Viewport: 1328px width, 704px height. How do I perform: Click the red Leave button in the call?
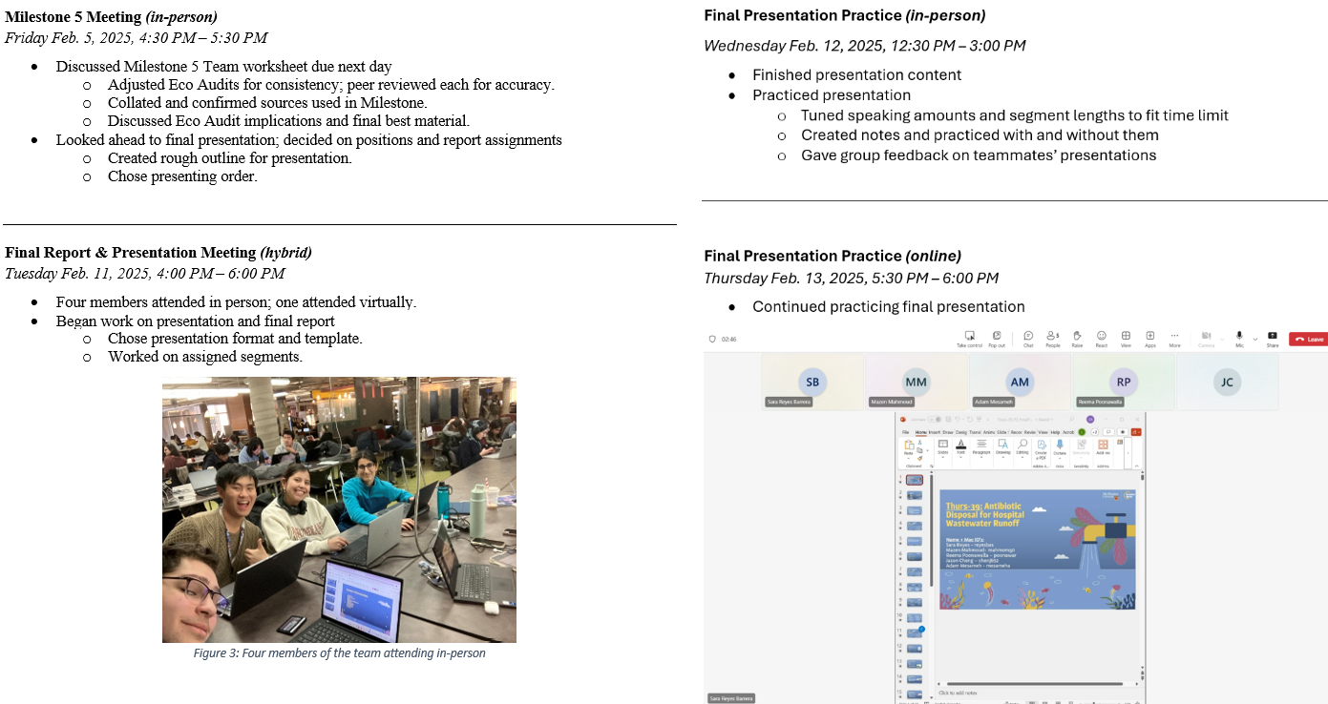pyautogui.click(x=1308, y=339)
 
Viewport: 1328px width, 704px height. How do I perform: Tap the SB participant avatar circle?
pyautogui.click(x=812, y=382)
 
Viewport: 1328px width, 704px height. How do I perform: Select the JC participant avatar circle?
pyautogui.click(x=1227, y=382)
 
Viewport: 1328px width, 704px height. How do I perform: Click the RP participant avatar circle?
pyautogui.click(x=1123, y=382)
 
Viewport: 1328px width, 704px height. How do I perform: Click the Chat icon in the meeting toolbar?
pyautogui.click(x=1028, y=338)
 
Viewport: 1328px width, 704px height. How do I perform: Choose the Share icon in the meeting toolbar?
pyautogui.click(x=1272, y=338)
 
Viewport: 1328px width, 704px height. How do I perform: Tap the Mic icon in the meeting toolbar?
pyautogui.click(x=1239, y=338)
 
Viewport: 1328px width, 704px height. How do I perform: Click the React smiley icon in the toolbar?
pyautogui.click(x=1101, y=338)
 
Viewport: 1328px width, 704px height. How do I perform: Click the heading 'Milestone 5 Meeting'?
pyautogui.click(x=74, y=16)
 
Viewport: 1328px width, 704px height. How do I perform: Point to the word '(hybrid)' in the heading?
pyautogui.click(x=285, y=253)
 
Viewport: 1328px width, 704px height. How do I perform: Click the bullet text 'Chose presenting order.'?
pyautogui.click(x=182, y=176)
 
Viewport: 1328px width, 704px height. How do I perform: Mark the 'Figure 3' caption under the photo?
pyautogui.click(x=339, y=653)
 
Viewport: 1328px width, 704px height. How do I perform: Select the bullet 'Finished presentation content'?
pyautogui.click(x=856, y=74)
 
